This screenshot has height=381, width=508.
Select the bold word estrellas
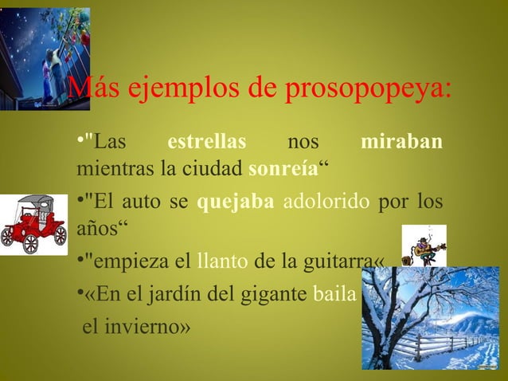[206, 143]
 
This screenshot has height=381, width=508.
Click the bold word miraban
[401, 143]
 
